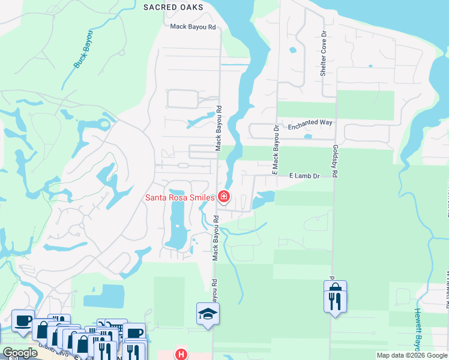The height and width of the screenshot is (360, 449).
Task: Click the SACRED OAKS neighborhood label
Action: coord(173,7)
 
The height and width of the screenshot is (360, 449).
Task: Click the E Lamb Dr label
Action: coord(306,176)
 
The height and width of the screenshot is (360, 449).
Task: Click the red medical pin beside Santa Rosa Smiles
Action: coord(224,196)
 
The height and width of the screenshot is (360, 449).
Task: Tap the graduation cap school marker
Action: coord(208,314)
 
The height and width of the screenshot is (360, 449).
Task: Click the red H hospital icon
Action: coord(181,354)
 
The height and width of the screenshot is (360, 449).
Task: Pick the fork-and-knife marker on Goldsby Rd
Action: coord(335,299)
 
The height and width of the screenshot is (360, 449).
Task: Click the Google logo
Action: coord(20,353)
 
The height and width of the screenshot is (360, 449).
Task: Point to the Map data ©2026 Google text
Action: coord(412,355)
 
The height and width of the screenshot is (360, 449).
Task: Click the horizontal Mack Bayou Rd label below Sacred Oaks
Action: coord(193,26)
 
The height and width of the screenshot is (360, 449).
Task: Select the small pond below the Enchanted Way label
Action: coord(308,136)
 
